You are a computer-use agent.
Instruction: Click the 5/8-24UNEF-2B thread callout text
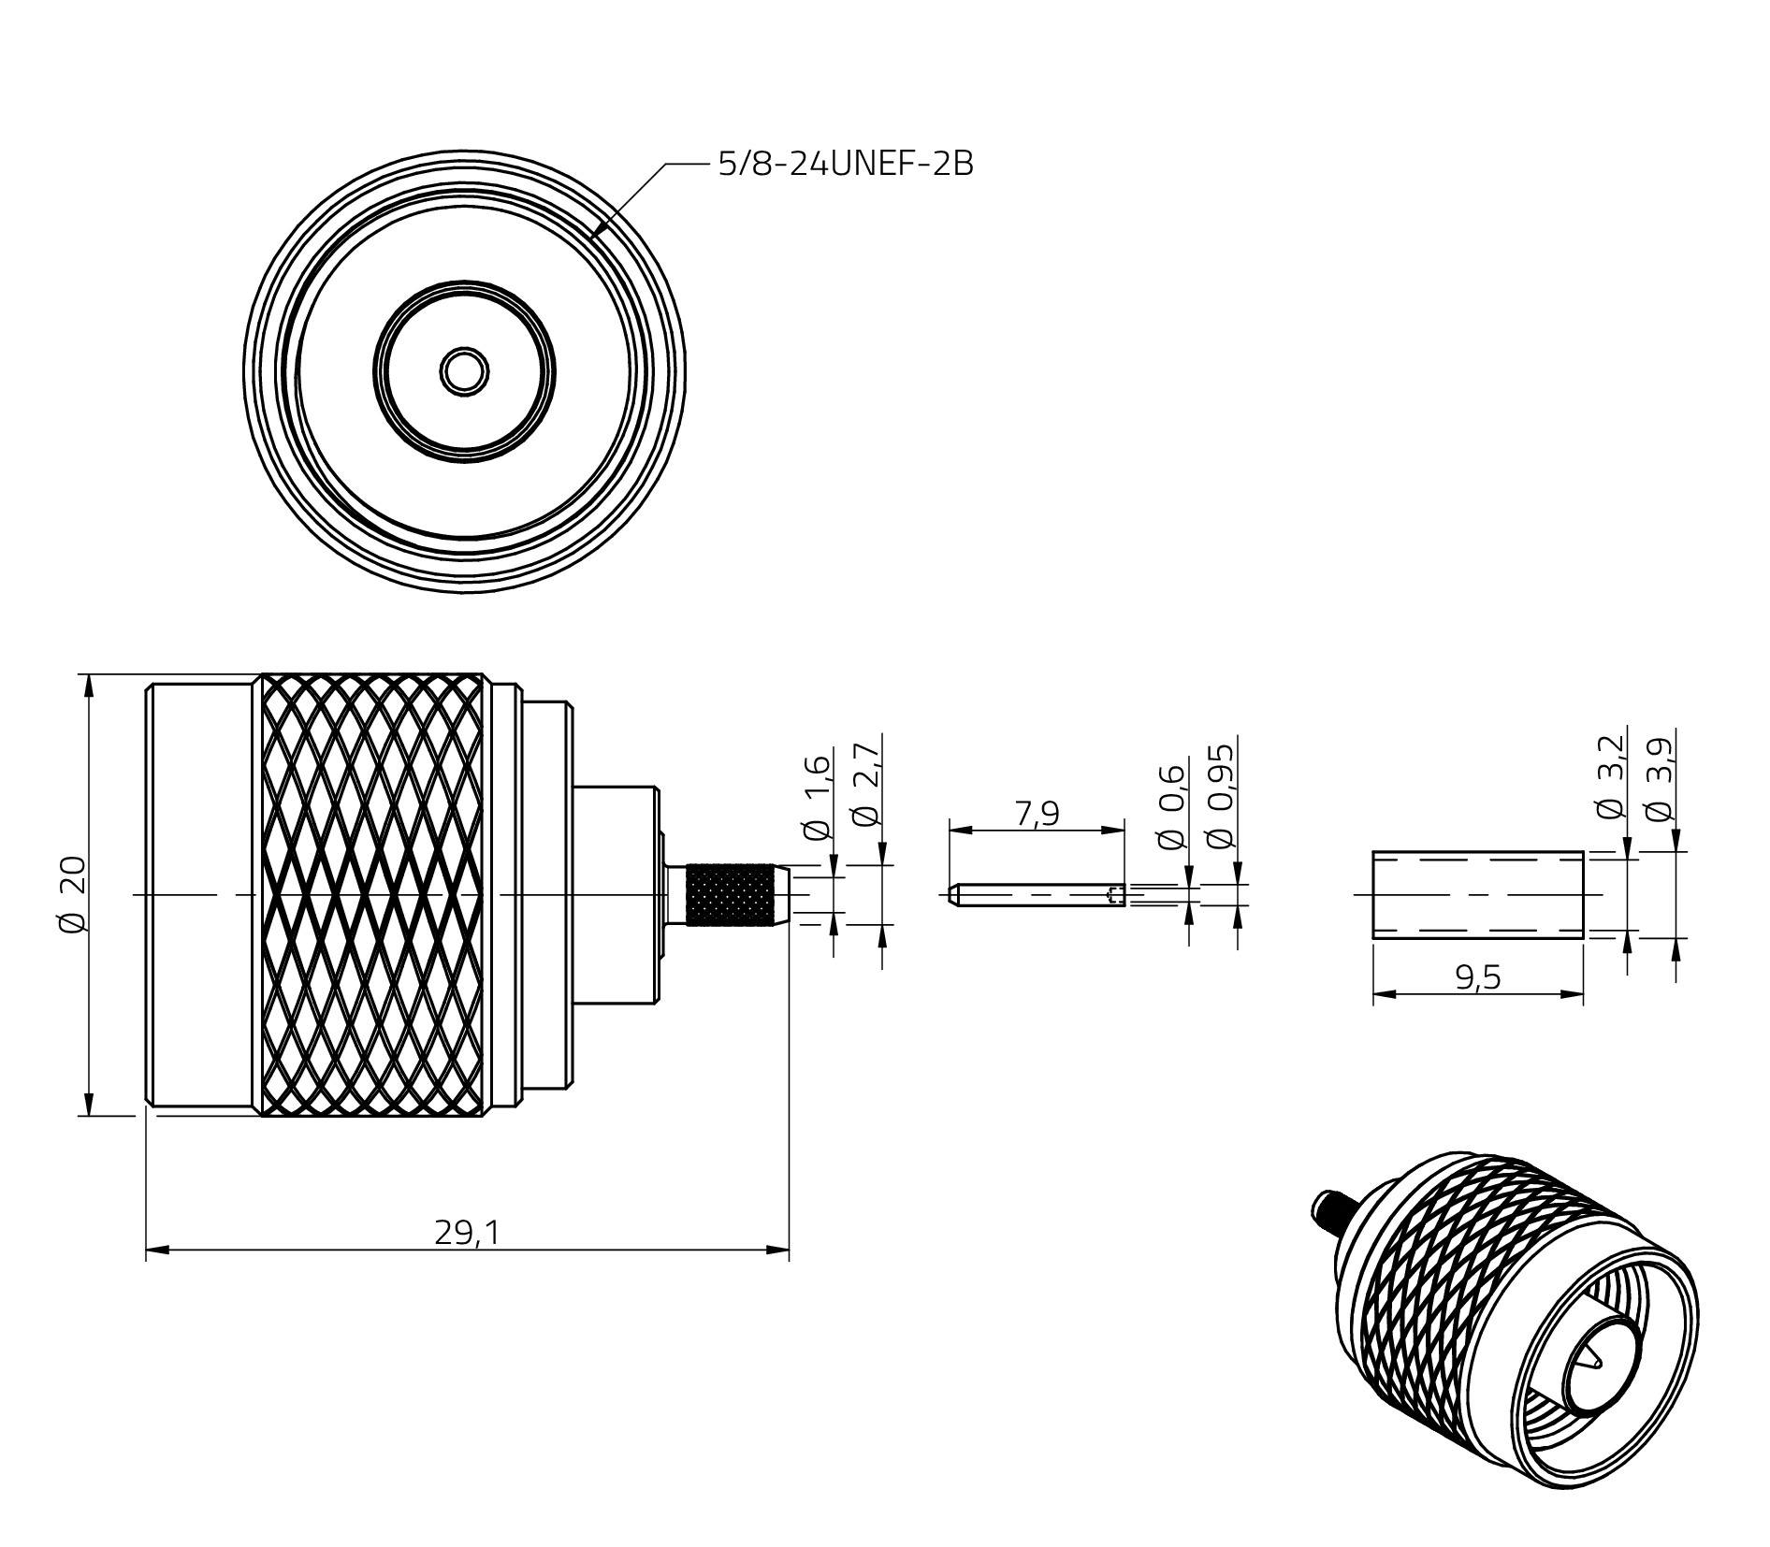(845, 164)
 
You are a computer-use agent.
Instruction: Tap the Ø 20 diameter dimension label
(73, 893)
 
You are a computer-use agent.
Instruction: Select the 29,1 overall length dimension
(467, 1234)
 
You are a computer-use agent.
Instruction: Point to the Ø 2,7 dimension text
(866, 785)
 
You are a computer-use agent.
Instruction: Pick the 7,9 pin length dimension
(1037, 814)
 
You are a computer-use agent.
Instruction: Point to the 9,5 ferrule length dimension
(1478, 977)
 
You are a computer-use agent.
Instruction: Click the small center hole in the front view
(464, 371)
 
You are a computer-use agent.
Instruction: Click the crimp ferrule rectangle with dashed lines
(1477, 894)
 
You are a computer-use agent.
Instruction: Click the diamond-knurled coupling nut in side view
(374, 895)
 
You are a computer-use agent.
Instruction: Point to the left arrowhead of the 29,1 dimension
(155, 1250)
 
